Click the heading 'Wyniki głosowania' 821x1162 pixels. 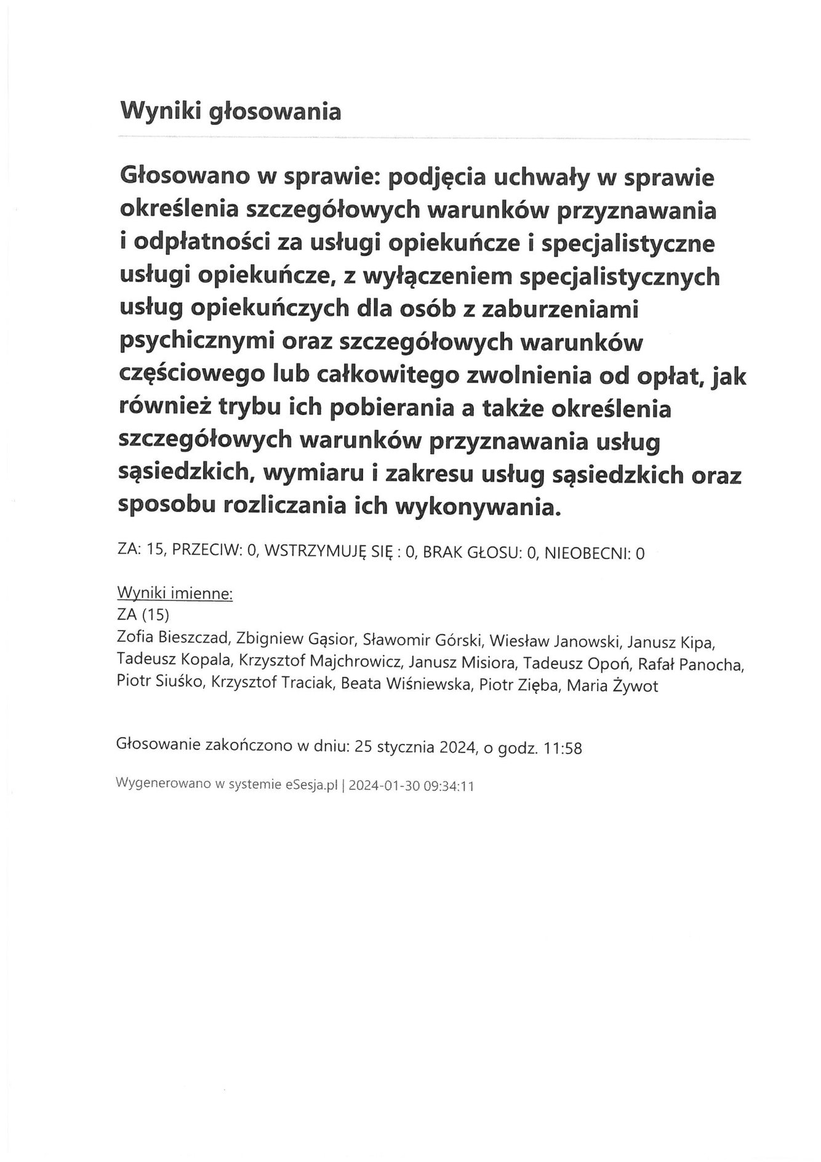(x=230, y=111)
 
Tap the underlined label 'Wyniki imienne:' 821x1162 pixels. (x=175, y=594)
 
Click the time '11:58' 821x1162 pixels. (x=563, y=748)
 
